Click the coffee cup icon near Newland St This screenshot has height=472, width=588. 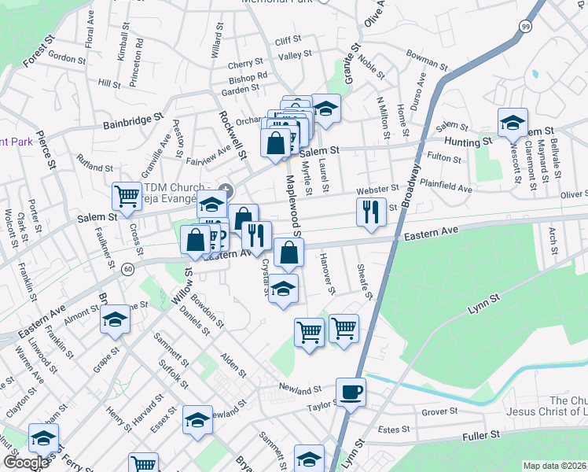pos(351,391)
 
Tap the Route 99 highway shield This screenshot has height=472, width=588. pos(524,26)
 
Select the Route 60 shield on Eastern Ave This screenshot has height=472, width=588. pos(127,269)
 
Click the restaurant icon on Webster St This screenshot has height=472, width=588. pos(369,211)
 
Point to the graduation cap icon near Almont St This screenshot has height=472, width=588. pos(115,319)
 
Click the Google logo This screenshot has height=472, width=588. pos(25,463)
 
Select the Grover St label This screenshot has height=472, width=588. pos(439,411)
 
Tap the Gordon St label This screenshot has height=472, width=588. pos(66,57)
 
